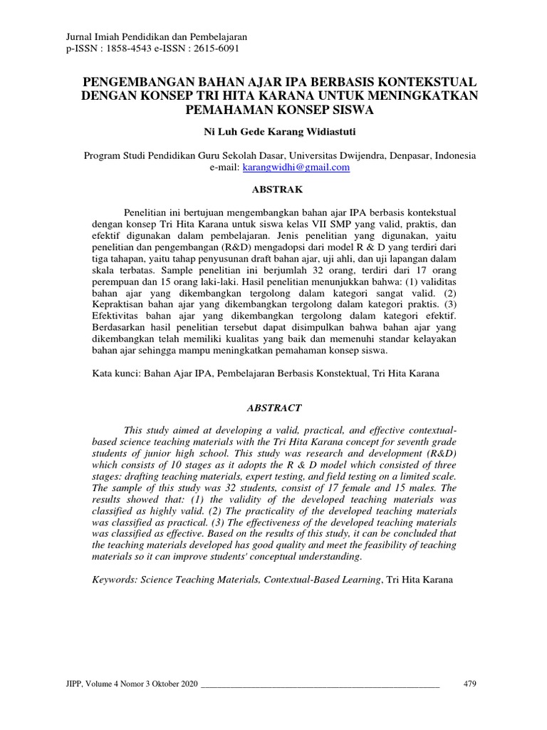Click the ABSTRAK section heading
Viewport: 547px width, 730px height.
[273, 190]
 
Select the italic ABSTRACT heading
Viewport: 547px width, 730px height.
[273, 408]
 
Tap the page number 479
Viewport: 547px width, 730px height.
[469, 684]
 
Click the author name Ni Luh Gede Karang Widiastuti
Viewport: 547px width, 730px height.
[273, 131]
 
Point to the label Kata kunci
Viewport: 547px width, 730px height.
[117, 373]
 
